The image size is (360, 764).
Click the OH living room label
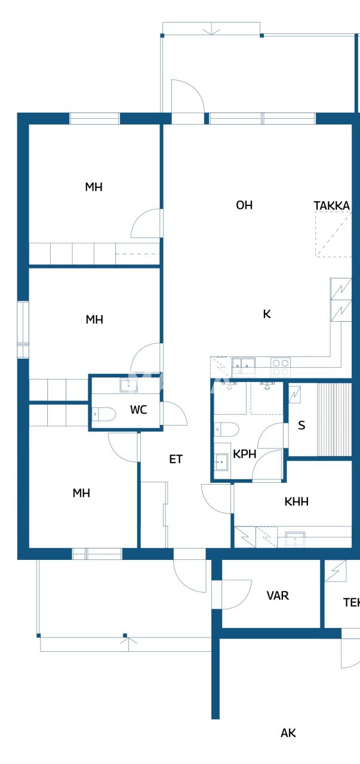tap(244, 205)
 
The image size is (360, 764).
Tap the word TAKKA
tap(331, 206)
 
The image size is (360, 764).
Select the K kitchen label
tap(267, 314)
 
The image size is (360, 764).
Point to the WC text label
tap(139, 411)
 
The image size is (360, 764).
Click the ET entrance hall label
tap(176, 459)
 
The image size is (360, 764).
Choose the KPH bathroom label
tap(245, 454)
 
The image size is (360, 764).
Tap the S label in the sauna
tap(301, 426)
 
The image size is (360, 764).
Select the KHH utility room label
tap(296, 502)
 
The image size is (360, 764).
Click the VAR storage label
tap(278, 596)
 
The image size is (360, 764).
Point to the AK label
tap(288, 733)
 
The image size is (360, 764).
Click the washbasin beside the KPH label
tap(221, 461)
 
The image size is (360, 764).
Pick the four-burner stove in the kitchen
tap(281, 363)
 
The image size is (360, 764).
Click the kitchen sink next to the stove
tap(244, 363)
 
